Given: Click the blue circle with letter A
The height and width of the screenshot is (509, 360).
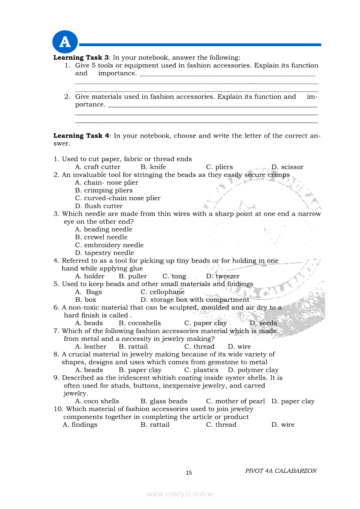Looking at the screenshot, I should coord(65,42).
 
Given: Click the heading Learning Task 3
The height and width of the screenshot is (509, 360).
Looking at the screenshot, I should coord(81,57).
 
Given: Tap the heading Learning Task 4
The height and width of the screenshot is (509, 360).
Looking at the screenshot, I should coord(81,135).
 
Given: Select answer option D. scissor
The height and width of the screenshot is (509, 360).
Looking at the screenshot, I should coord(287,167).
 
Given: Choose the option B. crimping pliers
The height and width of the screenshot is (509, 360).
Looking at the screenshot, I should coord(104,190).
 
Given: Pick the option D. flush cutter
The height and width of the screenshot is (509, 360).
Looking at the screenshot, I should coord(99,206).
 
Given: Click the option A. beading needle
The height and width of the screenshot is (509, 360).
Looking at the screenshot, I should coord(104,229).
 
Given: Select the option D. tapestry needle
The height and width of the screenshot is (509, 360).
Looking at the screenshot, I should coord(105,253).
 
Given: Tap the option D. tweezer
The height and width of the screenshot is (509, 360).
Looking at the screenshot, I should coord(223,276).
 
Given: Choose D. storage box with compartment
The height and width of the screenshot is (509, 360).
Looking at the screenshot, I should coord(195,300).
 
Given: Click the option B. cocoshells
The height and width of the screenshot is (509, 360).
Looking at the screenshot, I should coord(139,323).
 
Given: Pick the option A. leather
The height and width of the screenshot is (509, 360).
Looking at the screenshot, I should coord(91,347).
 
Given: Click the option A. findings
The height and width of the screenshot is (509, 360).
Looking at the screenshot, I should coord(80,425).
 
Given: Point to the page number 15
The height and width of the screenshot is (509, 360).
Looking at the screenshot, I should coord(189,473).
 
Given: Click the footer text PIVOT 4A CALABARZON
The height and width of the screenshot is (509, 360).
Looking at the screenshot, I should coord(281,471).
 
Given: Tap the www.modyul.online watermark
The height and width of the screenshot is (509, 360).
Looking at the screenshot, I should coord(180,494).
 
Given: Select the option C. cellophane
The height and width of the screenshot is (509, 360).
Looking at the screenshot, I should coord(163,292).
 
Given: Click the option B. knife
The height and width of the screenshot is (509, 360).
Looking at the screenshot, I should coord(153,167).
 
